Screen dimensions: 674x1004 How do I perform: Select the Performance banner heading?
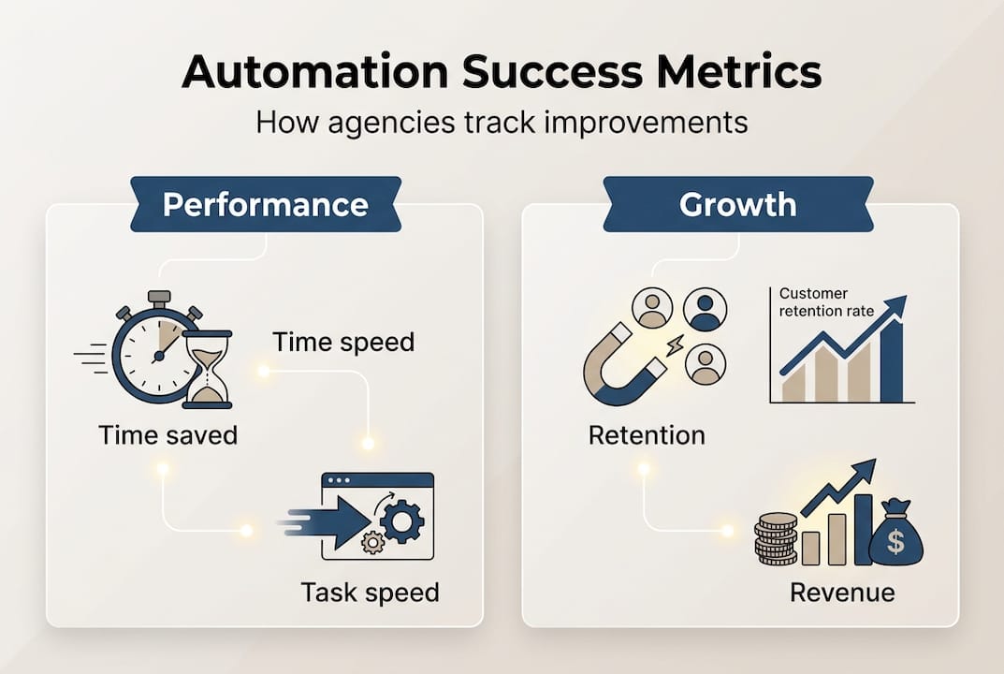tap(265, 204)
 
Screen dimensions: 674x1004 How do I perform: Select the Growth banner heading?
tap(737, 204)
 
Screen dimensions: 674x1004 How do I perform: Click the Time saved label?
tap(167, 435)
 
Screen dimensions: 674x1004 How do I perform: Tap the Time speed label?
tap(343, 343)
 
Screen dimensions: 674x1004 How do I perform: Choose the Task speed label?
tap(370, 593)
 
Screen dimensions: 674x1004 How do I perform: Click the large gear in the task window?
tap(402, 521)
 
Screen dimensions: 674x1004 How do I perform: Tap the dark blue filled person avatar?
tap(704, 309)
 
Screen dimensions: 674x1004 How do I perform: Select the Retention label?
tap(647, 435)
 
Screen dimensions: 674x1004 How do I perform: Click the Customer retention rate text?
tap(827, 302)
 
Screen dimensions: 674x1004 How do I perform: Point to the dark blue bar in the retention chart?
tap(893, 361)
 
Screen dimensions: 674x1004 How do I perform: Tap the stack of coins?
tap(776, 539)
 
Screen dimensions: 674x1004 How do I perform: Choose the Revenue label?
tap(842, 593)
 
